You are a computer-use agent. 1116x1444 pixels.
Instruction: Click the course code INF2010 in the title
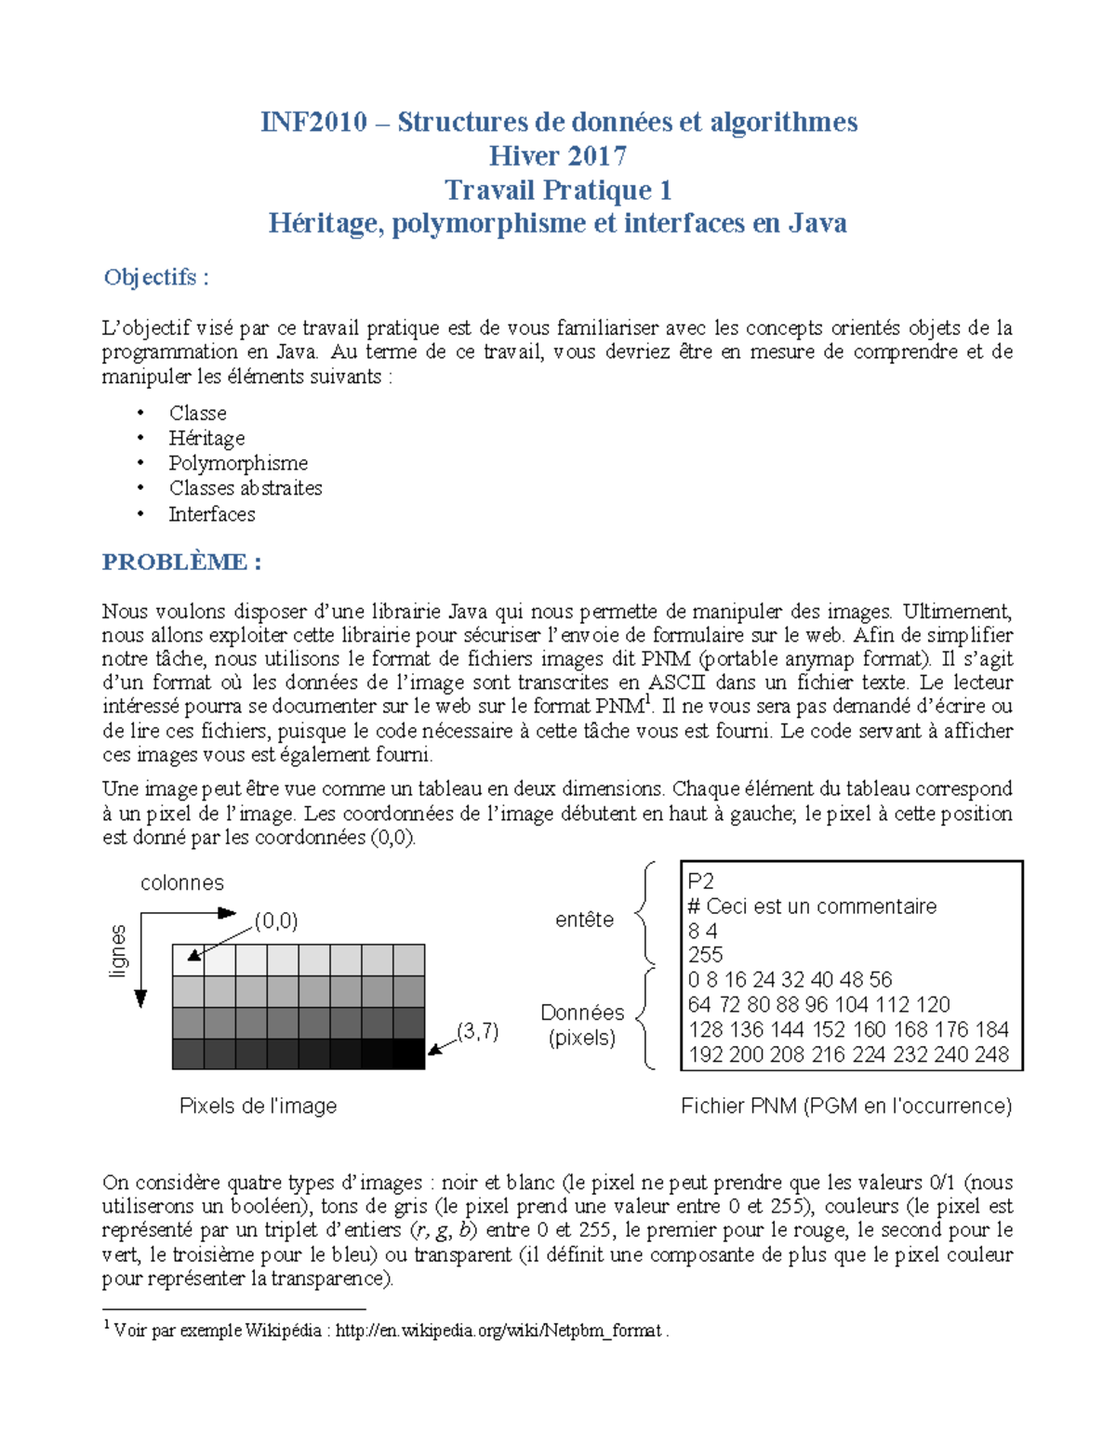313,122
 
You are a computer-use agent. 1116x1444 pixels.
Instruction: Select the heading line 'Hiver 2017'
557,155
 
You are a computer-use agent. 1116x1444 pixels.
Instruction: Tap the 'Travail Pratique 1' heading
557,190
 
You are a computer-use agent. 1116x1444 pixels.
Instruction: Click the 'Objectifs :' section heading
156,277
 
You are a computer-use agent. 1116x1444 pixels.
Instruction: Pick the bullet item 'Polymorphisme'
238,463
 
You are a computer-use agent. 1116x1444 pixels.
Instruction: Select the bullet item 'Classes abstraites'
246,488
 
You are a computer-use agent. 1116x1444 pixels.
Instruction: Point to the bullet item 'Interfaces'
212,514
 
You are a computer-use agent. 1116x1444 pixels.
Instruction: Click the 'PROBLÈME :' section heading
181,562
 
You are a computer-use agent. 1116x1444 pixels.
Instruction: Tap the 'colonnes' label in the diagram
182,882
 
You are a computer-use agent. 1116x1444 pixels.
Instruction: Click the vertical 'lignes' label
118,950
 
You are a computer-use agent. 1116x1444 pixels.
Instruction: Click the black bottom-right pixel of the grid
409,1053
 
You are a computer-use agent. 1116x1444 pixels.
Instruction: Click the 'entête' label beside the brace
584,920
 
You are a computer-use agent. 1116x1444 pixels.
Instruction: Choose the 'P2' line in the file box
700,881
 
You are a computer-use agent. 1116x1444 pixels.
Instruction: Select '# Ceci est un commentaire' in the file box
812,907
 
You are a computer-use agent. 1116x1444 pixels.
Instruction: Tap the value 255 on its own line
705,955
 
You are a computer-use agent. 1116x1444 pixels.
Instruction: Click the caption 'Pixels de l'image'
258,1106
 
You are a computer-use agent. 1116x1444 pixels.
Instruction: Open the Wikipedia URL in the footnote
498,1331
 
